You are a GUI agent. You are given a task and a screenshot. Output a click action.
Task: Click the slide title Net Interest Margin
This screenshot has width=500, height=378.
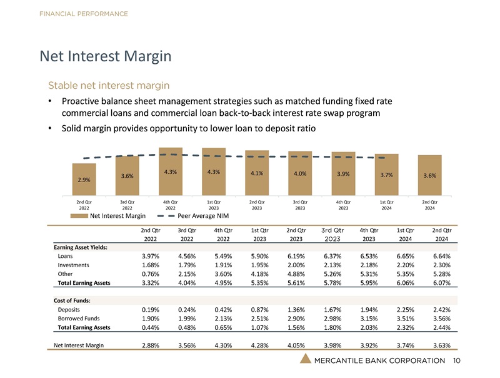pyautogui.click(x=105, y=57)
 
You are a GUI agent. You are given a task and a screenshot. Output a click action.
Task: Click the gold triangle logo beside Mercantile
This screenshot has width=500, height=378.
pyautogui.click(x=306, y=359)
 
